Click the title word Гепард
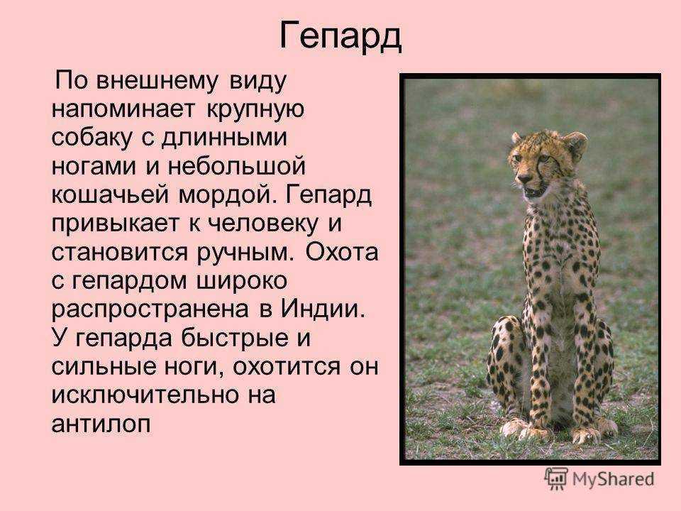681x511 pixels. pyautogui.click(x=340, y=36)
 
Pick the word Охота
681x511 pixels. pyautogui.click(x=341, y=251)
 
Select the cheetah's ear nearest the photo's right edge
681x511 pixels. pyautogui.click(x=576, y=144)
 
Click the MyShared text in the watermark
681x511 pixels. pyautogui.click(x=613, y=479)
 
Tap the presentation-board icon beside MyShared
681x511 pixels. pyautogui.click(x=556, y=479)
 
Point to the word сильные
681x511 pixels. pyautogui.click(x=104, y=366)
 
